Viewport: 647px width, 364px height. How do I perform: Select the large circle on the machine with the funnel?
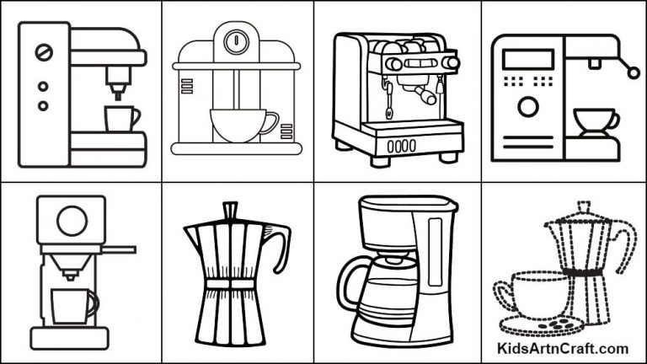[71, 221]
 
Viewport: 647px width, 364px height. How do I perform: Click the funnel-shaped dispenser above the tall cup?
[70, 265]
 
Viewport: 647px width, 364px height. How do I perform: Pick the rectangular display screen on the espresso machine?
[527, 59]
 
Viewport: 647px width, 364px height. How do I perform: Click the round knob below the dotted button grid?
[528, 107]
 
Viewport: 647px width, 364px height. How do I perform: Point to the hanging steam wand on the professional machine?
[389, 97]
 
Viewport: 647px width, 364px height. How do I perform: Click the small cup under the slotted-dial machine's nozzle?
[120, 118]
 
